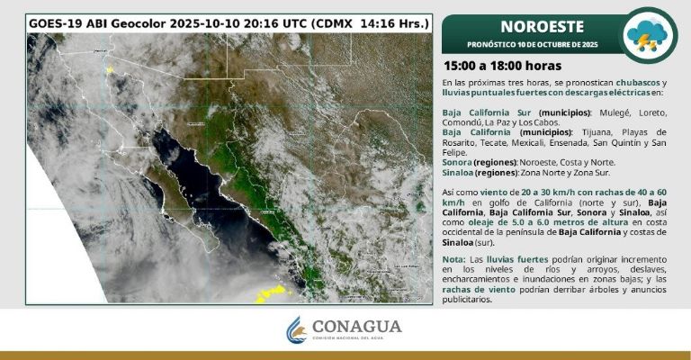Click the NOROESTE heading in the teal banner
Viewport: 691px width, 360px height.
click(530, 26)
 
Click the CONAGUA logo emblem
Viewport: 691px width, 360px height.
click(297, 330)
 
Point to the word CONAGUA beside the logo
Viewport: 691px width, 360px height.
click(356, 326)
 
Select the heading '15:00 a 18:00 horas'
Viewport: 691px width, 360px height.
click(502, 66)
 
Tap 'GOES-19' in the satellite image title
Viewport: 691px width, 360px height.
click(57, 22)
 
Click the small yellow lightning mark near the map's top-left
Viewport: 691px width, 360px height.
click(110, 69)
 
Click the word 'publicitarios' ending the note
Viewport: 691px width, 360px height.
click(468, 300)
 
